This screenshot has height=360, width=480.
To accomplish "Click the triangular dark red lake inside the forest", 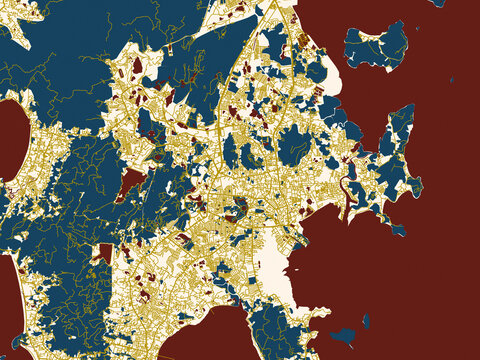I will (x=130, y=183).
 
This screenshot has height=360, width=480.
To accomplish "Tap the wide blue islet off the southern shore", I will (x=345, y=334).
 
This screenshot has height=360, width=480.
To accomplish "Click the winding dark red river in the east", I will (x=350, y=190).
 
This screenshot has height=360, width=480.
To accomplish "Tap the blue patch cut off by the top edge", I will (x=437, y=3).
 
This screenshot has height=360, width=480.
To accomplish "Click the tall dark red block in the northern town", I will (x=137, y=65).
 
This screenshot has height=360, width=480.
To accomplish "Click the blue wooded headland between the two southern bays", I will (x=280, y=330).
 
